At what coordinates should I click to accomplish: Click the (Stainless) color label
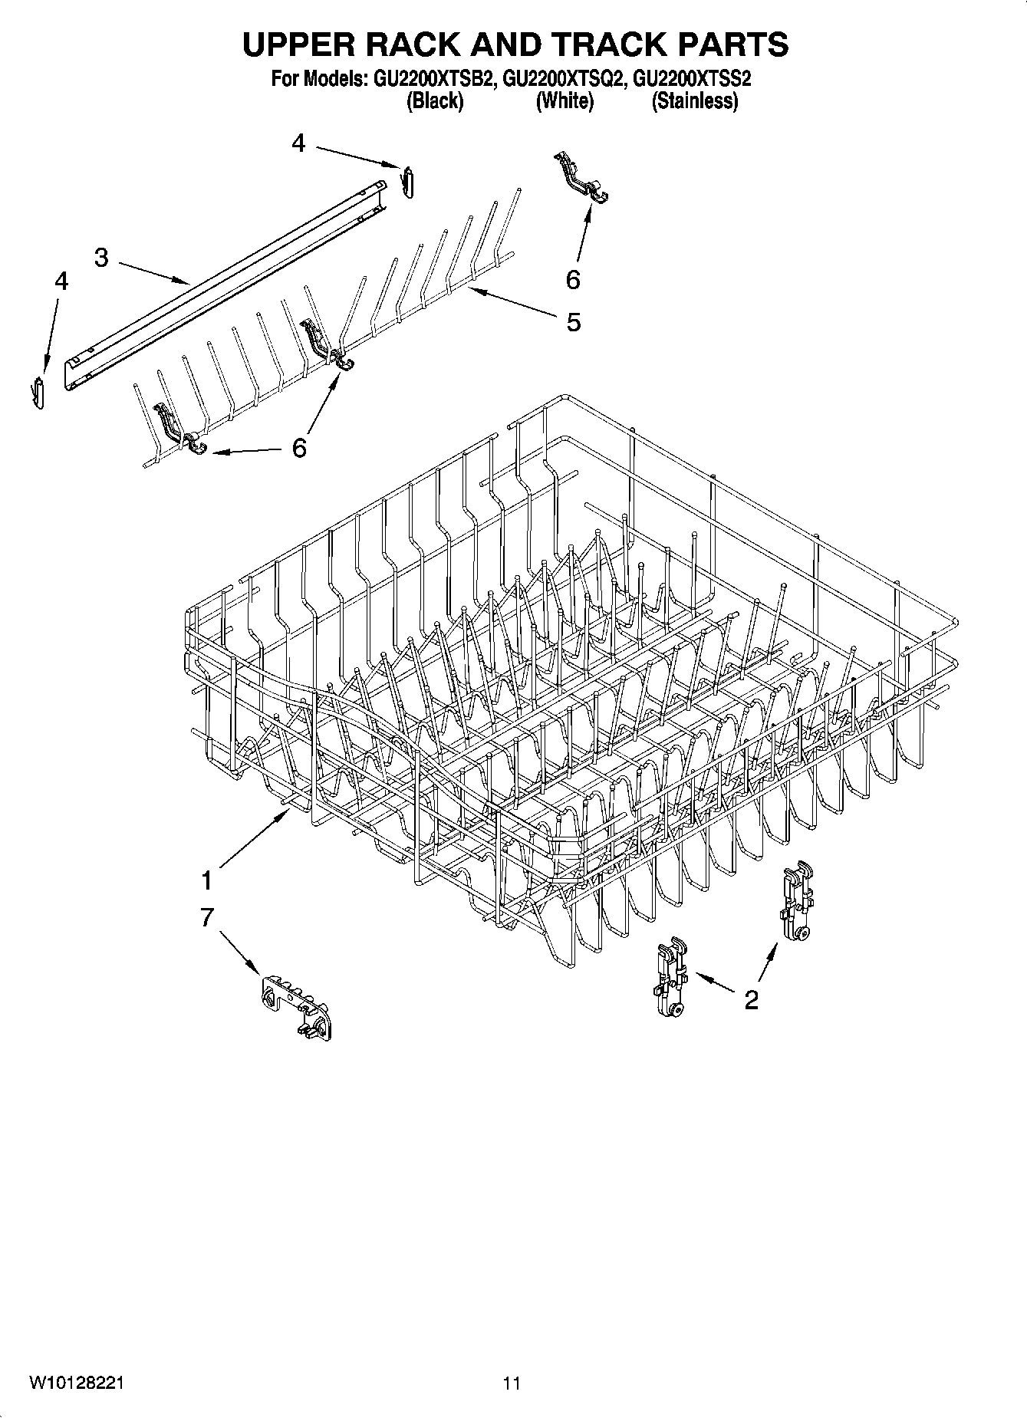(694, 100)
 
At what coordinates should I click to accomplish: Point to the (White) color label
(565, 100)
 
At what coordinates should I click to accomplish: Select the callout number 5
(573, 322)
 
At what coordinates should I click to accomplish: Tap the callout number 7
(206, 917)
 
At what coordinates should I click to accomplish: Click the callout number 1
(206, 881)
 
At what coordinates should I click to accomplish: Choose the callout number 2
(751, 999)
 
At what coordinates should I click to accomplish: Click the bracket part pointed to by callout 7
(295, 1006)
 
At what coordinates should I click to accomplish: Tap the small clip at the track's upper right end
(408, 181)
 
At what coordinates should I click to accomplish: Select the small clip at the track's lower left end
(40, 393)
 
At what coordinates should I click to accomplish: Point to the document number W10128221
(77, 1383)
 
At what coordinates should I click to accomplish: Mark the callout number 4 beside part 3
(61, 281)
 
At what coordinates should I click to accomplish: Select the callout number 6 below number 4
(299, 447)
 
